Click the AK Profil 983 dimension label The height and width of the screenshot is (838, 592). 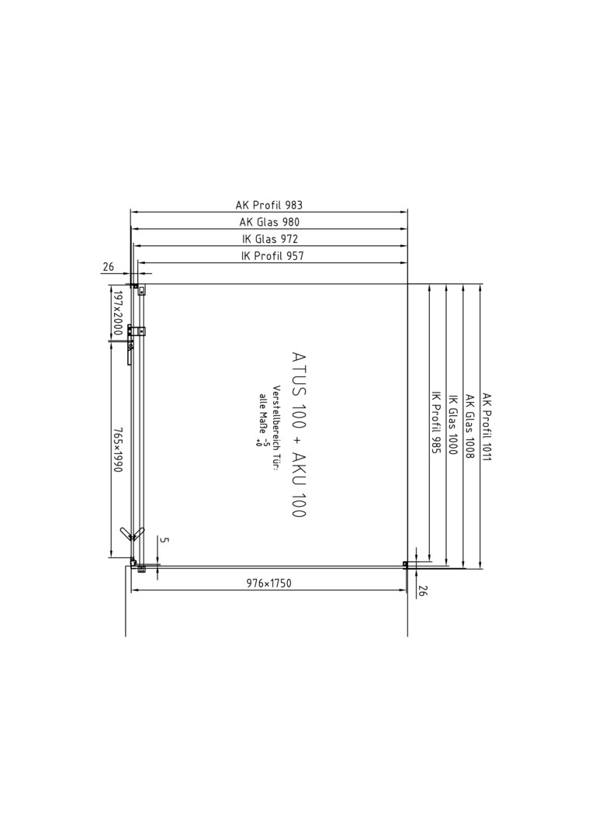268,205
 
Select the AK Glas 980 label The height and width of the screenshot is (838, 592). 269,222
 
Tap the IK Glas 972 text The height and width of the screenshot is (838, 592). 270,239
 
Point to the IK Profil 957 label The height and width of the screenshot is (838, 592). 272,256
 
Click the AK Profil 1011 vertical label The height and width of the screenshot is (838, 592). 486,427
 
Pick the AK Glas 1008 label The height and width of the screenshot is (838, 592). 469,427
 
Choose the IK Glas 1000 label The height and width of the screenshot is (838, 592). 452,425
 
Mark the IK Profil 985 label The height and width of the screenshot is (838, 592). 435,423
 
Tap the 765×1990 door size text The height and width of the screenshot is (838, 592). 117,449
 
